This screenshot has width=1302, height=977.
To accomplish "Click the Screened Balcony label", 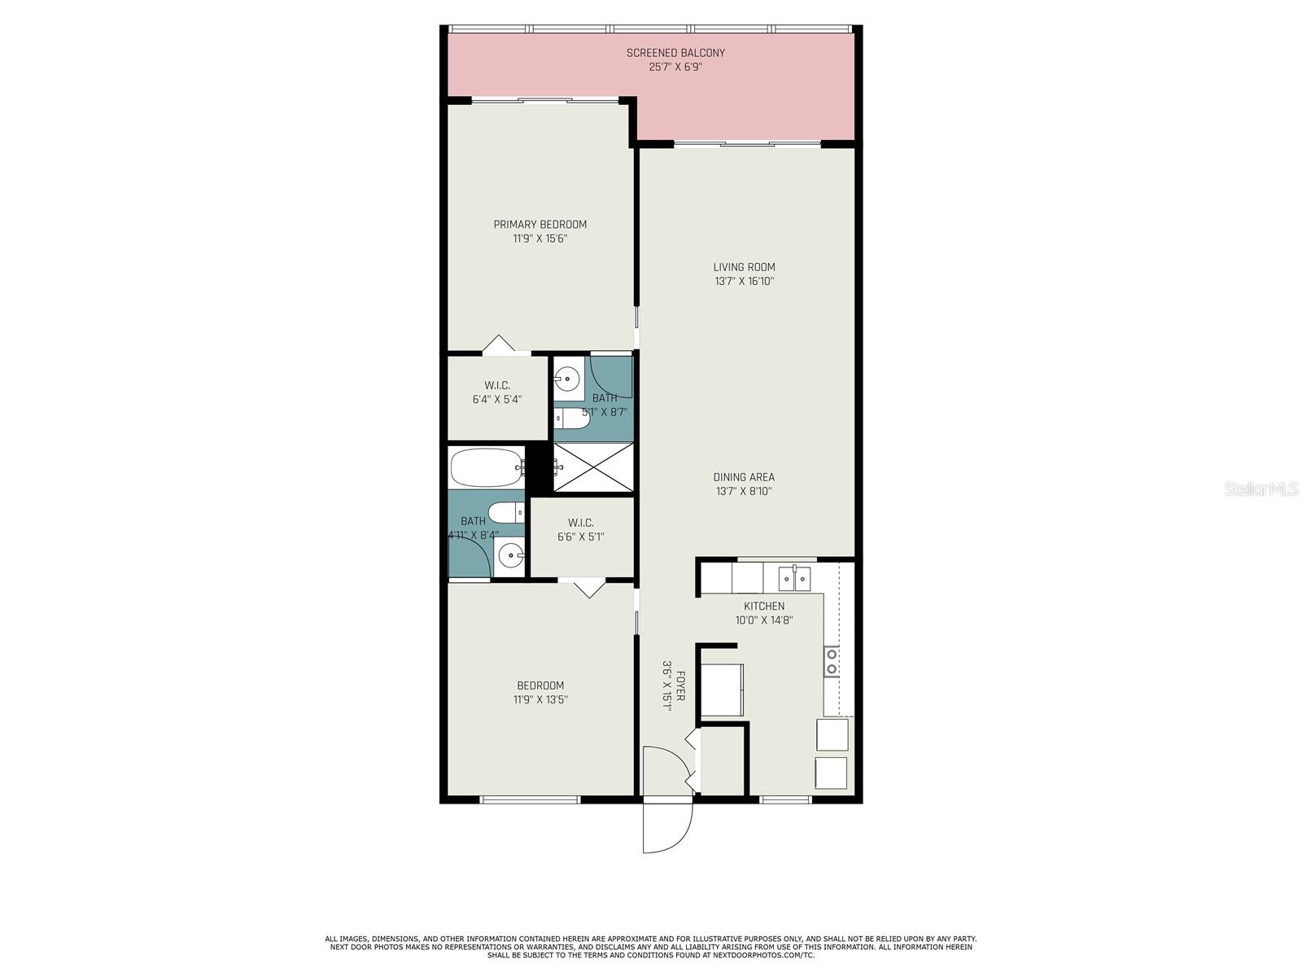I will (675, 53).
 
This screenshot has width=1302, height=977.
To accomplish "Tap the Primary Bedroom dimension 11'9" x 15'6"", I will (540, 239).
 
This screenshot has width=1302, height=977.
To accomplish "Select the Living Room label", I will (744, 267).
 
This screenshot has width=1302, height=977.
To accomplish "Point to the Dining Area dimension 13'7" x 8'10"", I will (744, 492).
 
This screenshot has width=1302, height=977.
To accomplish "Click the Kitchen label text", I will (764, 606).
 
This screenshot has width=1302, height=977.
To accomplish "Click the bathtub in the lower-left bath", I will (486, 467).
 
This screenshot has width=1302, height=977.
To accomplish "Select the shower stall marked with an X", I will (593, 467).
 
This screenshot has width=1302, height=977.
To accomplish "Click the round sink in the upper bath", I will (567, 379).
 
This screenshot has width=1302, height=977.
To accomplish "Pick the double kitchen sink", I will (794, 579).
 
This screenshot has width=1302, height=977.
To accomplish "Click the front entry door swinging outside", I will (667, 826).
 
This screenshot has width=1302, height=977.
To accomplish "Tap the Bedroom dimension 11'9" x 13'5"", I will (540, 699).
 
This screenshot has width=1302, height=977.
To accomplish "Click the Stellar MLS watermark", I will (1260, 489).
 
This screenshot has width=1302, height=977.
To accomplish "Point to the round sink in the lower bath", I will (511, 557).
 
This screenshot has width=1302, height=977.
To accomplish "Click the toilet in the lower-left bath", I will (505, 513).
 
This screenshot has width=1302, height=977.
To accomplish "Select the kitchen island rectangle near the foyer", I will (722, 690).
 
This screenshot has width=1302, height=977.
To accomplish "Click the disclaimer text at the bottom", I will (651, 947).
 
